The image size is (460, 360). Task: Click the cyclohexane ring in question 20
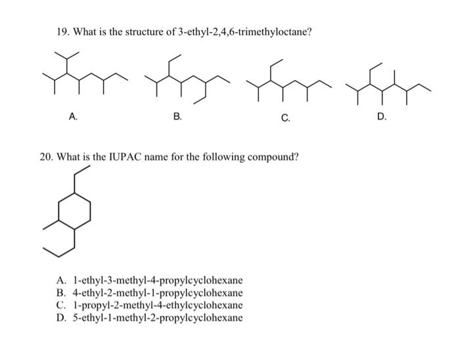point(74,211)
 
